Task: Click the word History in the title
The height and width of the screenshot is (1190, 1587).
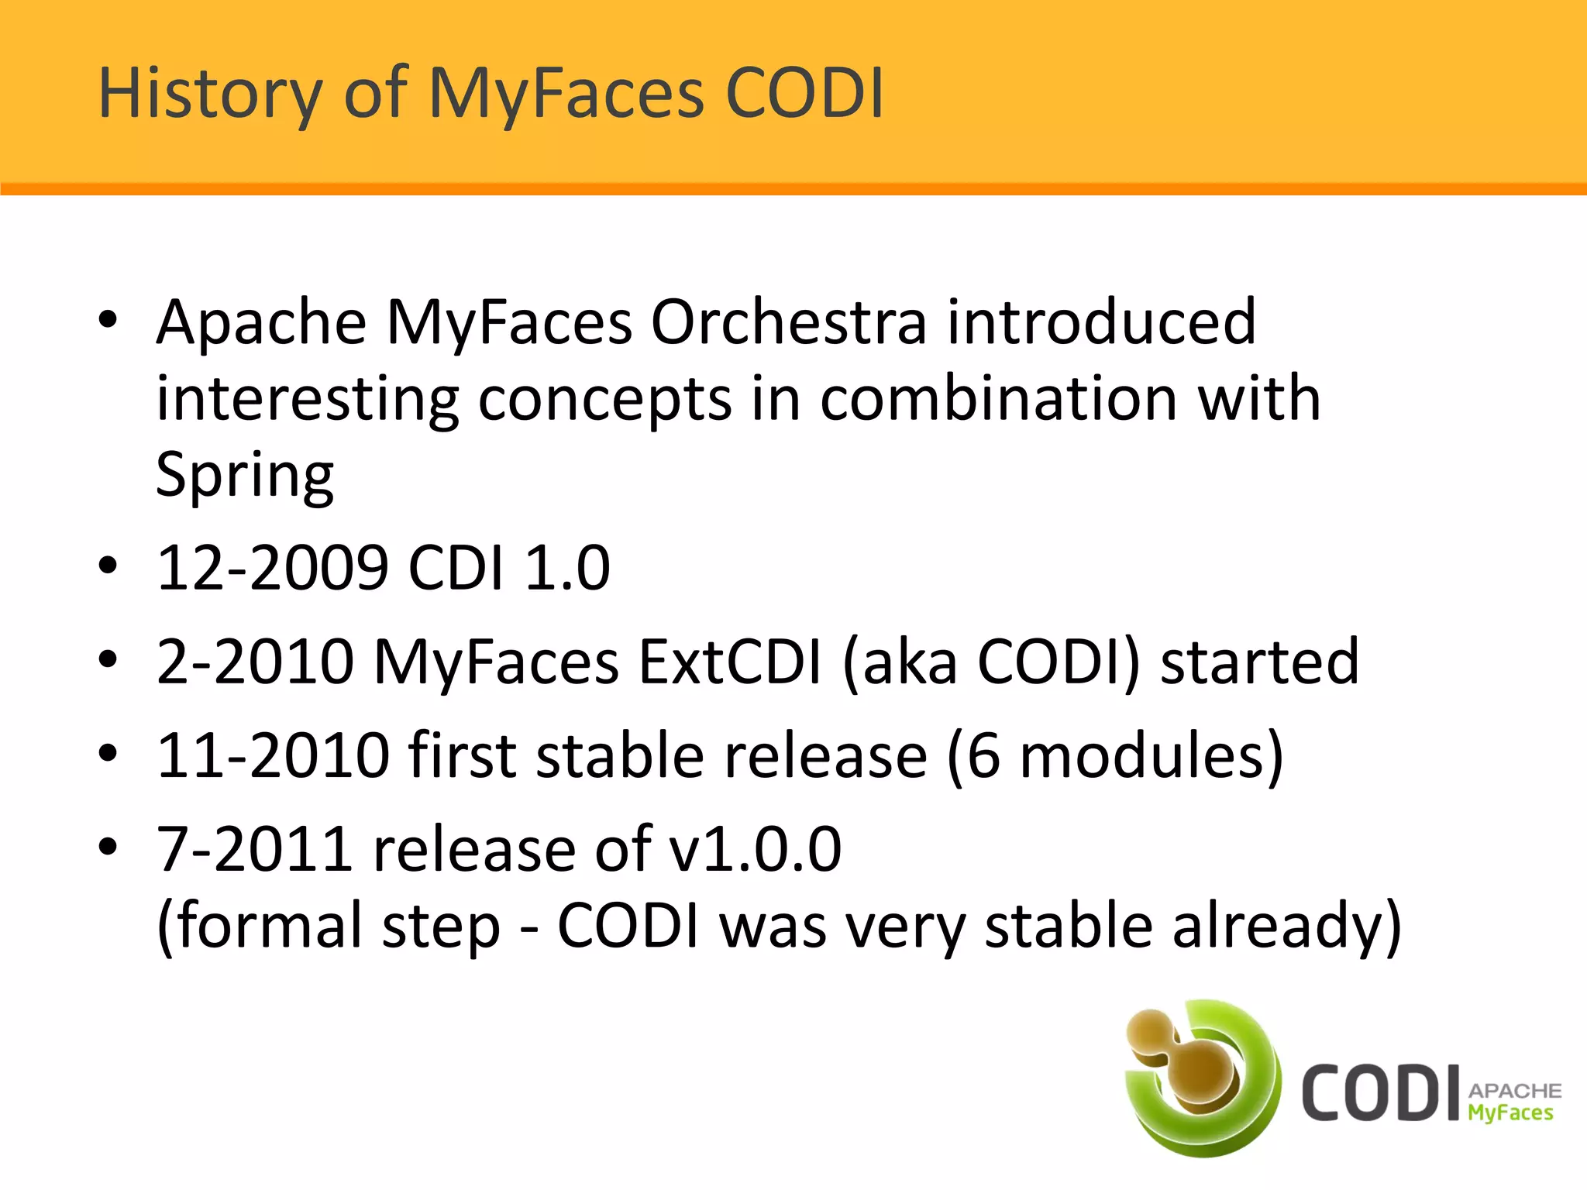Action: click(x=209, y=94)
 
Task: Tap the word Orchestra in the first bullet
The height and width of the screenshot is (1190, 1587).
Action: click(x=788, y=322)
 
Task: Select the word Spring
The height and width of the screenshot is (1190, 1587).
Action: click(x=244, y=475)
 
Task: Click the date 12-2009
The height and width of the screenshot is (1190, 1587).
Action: click(x=272, y=568)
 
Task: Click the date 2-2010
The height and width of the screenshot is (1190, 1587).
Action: click(x=255, y=662)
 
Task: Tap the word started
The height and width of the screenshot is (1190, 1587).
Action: click(x=1259, y=662)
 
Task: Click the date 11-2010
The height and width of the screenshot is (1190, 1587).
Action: click(x=272, y=755)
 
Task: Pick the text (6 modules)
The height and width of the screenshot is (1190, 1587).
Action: click(x=1114, y=755)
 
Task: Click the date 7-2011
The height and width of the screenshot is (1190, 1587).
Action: click(x=255, y=849)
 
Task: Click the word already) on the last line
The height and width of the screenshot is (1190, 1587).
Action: click(x=1286, y=925)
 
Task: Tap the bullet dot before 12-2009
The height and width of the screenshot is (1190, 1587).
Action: click(x=108, y=566)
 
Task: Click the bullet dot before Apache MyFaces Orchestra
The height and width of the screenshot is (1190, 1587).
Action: click(x=108, y=319)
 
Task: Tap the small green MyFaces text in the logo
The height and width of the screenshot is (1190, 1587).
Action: click(x=1510, y=1113)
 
